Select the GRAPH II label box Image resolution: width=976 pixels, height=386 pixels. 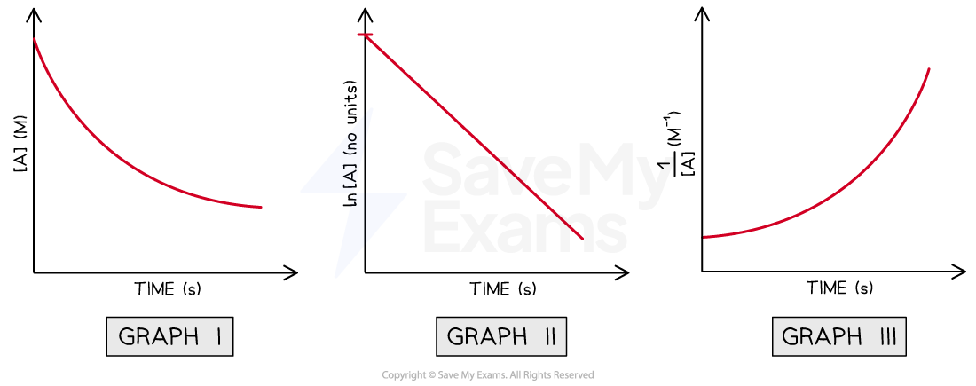point(501,337)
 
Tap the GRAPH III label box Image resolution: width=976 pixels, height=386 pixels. point(839,337)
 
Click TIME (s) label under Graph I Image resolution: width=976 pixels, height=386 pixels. point(168,289)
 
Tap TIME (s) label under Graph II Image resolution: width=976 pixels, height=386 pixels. point(502,289)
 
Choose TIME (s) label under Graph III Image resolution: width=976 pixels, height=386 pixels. point(839,288)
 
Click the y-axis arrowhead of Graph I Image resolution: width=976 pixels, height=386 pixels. point(33,12)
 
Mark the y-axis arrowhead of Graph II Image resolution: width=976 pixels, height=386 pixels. point(366,12)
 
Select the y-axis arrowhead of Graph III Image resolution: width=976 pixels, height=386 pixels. point(702,12)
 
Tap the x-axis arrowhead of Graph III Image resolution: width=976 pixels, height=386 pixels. point(959,271)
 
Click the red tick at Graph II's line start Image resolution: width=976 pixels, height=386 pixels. point(366,35)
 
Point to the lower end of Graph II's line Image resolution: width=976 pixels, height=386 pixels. point(582,239)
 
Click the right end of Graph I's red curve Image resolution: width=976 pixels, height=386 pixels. point(261,207)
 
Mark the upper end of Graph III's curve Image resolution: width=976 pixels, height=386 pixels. point(929,68)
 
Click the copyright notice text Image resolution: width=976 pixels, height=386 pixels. point(488,374)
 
